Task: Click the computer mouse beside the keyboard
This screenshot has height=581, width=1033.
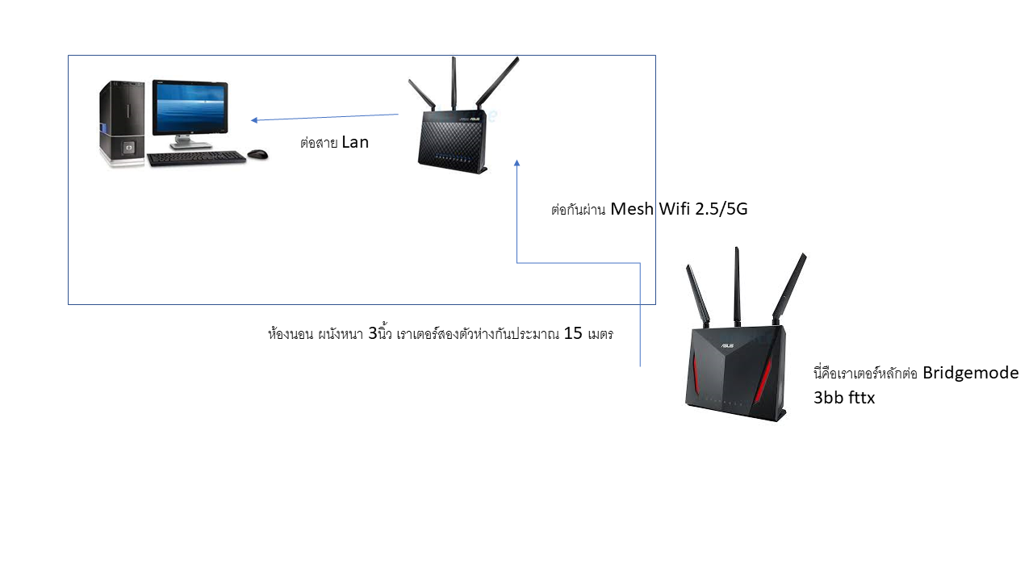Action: [257, 154]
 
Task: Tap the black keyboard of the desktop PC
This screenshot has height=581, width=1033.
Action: [196, 158]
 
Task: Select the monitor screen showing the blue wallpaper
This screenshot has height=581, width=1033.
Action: [190, 107]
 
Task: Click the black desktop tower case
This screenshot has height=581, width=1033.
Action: [122, 123]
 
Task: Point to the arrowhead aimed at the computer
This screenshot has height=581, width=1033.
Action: [254, 120]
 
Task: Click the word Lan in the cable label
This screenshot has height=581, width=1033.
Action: [355, 142]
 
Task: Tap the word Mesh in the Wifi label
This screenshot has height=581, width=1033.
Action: [632, 209]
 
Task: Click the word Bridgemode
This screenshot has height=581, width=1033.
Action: [970, 373]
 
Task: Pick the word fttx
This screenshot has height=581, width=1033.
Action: [860, 398]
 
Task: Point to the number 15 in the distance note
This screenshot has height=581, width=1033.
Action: [573, 333]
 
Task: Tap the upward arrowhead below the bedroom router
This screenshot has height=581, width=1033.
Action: [517, 163]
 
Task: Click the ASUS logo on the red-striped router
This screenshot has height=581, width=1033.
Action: [727, 345]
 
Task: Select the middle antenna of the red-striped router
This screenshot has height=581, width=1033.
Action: [737, 286]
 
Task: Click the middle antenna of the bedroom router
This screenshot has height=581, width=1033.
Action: [454, 83]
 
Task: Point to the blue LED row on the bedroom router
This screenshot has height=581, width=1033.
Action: [453, 159]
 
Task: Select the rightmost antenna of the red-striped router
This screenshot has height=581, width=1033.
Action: [789, 288]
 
